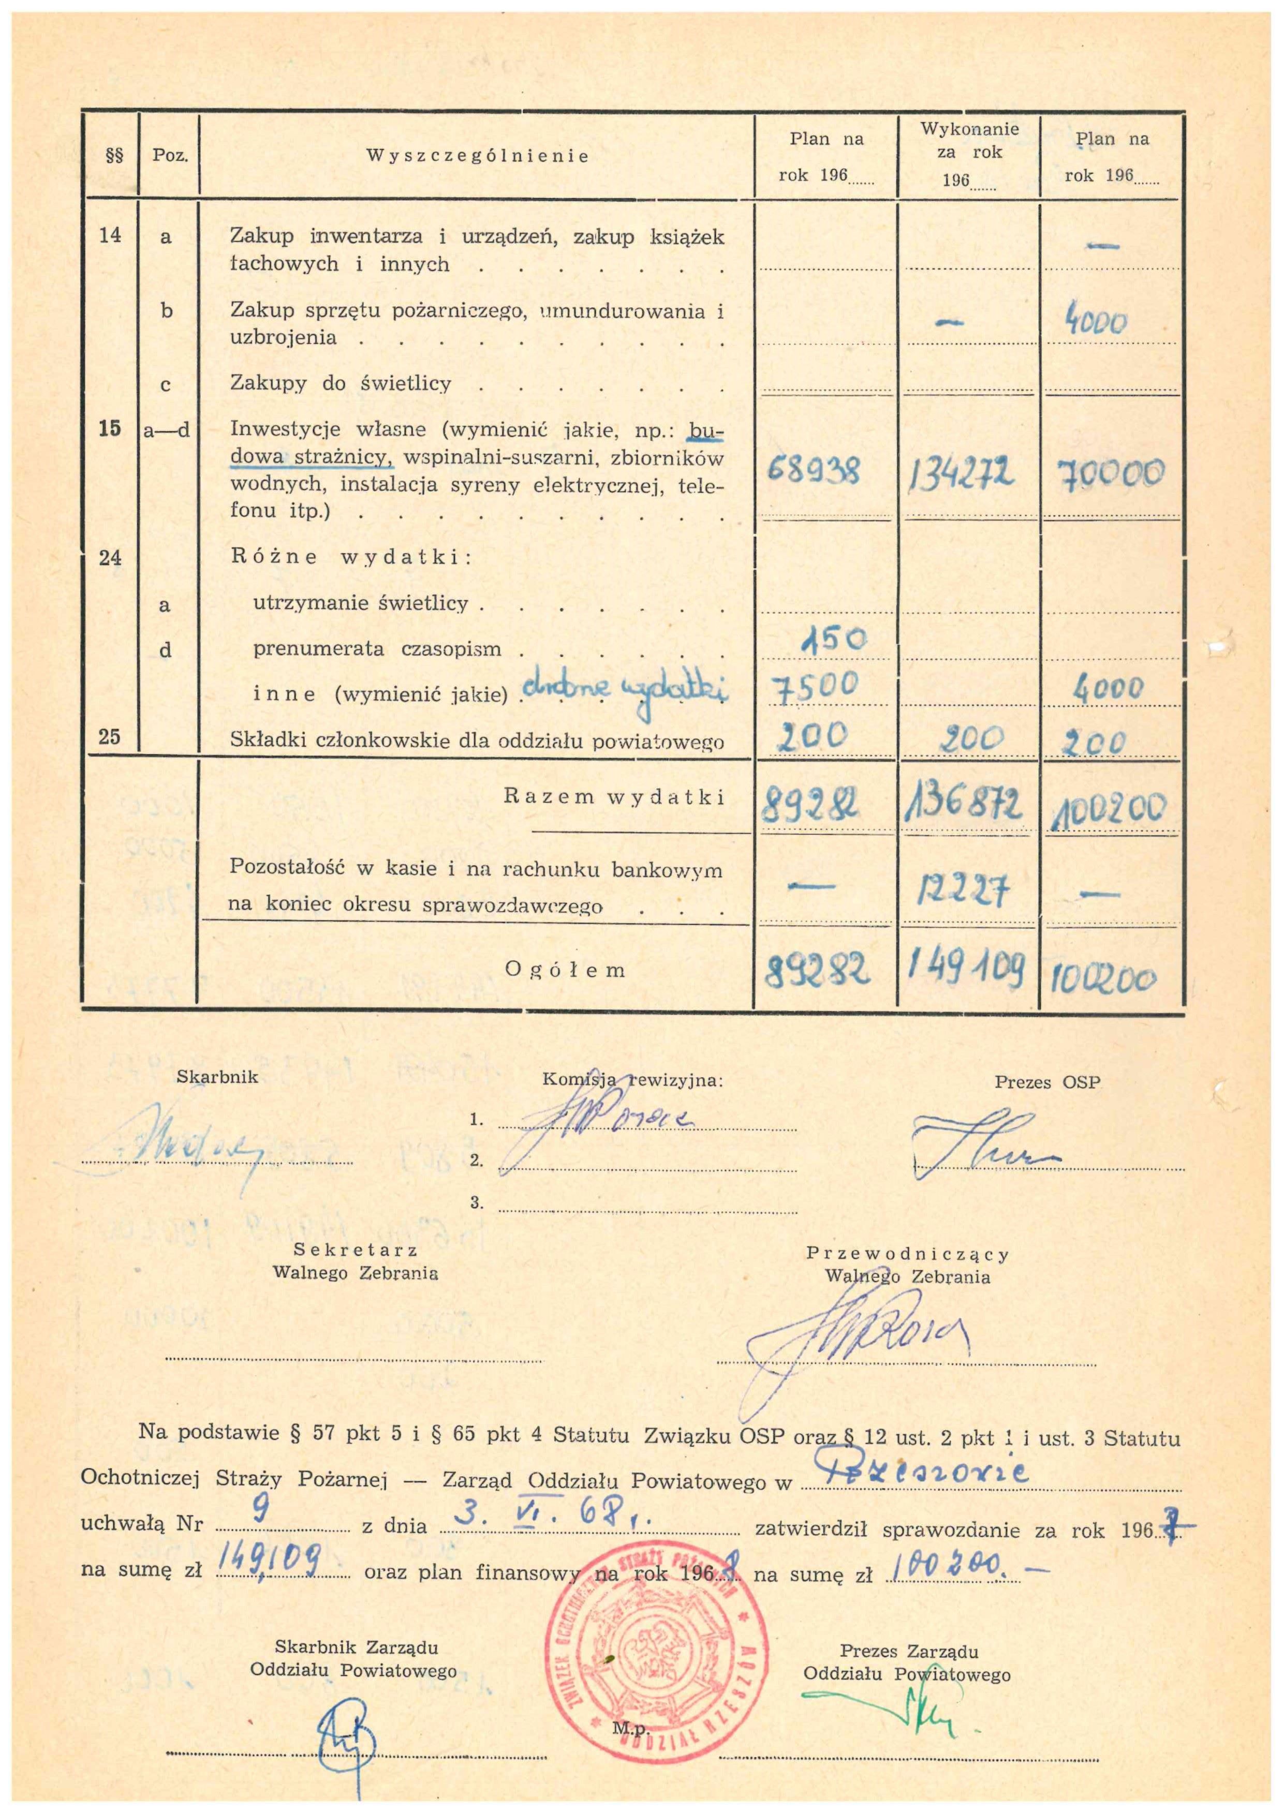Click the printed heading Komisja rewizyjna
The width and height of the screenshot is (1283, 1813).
tap(632, 1080)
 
